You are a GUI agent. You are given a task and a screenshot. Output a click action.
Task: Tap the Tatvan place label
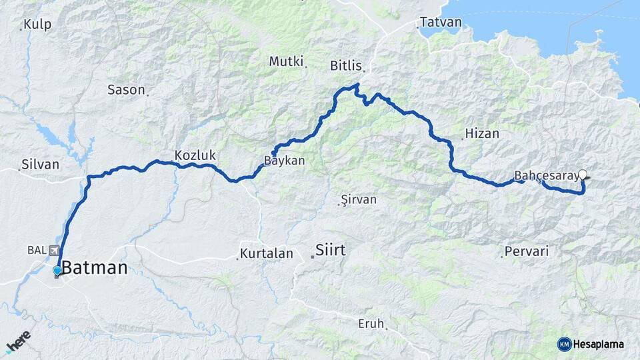click(441, 22)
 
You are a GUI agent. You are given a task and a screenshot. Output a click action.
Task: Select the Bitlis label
click(346, 65)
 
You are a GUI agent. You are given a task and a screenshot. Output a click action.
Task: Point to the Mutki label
click(286, 61)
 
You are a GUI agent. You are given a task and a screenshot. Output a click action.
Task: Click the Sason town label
click(126, 89)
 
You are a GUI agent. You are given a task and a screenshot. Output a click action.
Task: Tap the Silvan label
click(40, 164)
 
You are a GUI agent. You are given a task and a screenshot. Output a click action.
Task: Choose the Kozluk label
click(195, 155)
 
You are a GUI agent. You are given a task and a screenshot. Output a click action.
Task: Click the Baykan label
click(285, 161)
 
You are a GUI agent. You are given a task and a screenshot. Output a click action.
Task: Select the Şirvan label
click(359, 199)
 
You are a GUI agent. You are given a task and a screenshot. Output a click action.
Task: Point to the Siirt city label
click(331, 251)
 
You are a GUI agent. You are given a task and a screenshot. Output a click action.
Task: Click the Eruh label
click(371, 324)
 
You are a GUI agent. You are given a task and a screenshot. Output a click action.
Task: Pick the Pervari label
click(527, 251)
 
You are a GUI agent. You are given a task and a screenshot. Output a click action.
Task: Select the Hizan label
click(482, 133)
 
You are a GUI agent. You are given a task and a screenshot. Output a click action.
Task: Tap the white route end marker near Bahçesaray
click(583, 175)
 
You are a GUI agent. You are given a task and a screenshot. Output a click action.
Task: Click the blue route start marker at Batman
click(57, 270)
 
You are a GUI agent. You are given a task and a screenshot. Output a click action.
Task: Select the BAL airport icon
click(54, 250)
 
